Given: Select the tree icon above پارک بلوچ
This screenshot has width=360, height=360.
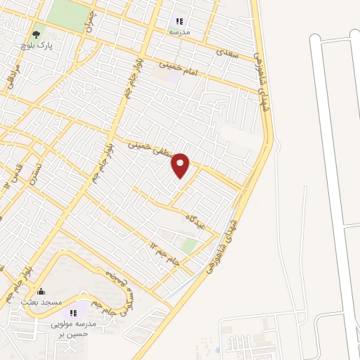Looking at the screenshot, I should [36, 32].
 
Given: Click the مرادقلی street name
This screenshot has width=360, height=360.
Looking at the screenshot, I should [11, 83].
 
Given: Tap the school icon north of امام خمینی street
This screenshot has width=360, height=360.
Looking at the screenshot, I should [179, 21].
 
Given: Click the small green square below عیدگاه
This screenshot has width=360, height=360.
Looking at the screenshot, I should [188, 245].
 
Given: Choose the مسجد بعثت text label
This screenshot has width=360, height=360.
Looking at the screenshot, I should [39, 302].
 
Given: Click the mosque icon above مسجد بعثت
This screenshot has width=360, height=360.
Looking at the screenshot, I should [40, 291].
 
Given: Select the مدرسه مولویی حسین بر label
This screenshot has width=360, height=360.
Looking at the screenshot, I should [71, 330].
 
